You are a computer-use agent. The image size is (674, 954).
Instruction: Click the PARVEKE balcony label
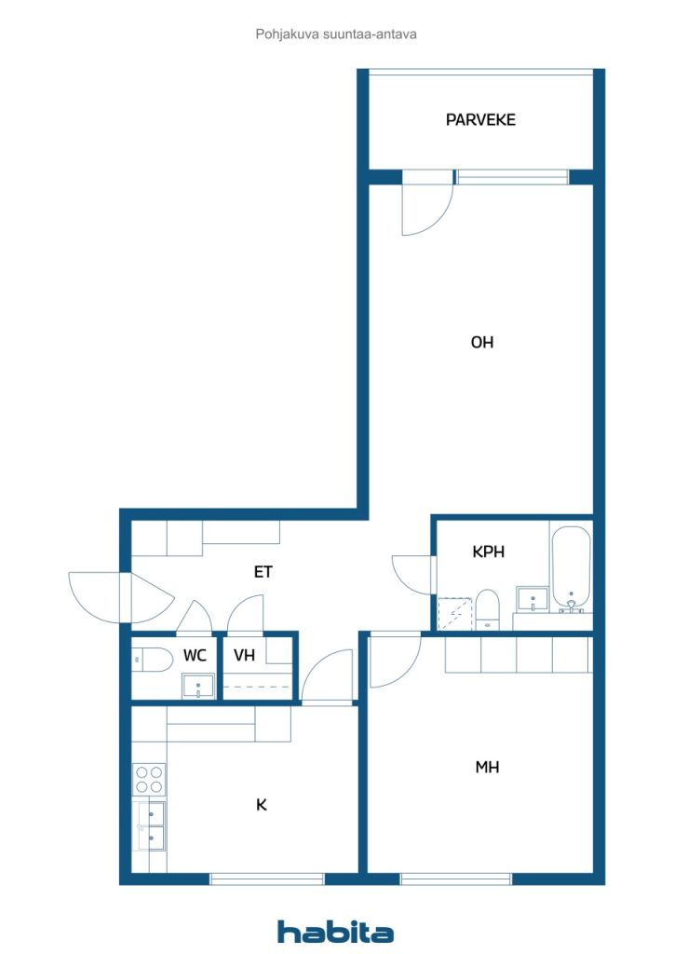click(x=480, y=120)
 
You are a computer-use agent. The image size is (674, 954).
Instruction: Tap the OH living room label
click(x=482, y=343)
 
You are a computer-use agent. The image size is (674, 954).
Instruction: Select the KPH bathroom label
click(x=488, y=552)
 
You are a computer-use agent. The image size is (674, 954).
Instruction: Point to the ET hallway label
click(x=263, y=572)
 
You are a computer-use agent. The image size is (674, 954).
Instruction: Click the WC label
click(x=195, y=655)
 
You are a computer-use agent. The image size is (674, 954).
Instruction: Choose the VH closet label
click(x=244, y=655)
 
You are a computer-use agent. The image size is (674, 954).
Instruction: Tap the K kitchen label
click(x=262, y=805)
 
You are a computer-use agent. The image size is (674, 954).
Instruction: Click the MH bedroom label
click(x=487, y=768)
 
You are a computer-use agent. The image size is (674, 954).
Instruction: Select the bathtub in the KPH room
click(x=571, y=568)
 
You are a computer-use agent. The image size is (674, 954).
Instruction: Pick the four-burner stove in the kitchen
click(x=149, y=780)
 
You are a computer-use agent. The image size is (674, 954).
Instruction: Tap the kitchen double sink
click(x=150, y=826)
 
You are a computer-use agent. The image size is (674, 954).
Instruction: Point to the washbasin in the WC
click(x=198, y=687)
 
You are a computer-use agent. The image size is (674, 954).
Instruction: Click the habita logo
click(x=335, y=932)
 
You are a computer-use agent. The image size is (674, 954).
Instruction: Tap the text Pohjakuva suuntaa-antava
click(x=336, y=34)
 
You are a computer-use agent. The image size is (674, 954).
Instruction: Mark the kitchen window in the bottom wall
click(x=267, y=878)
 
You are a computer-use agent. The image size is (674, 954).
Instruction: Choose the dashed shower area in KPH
click(x=455, y=614)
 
